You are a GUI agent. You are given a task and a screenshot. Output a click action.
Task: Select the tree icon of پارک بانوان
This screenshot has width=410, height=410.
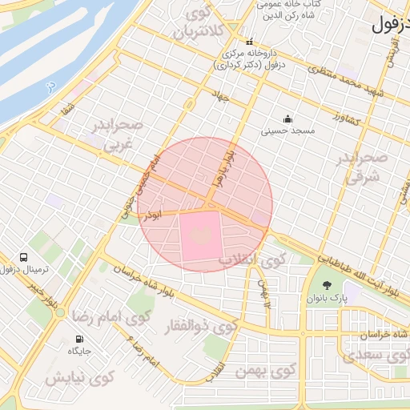pos(325,286)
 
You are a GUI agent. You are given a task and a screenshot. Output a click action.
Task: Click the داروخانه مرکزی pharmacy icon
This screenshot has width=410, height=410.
pos(250,42)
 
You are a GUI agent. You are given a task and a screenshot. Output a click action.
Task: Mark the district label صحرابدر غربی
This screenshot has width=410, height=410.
pos(117,134)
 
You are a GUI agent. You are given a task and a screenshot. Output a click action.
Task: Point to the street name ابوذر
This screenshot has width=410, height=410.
pos(150,215)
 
